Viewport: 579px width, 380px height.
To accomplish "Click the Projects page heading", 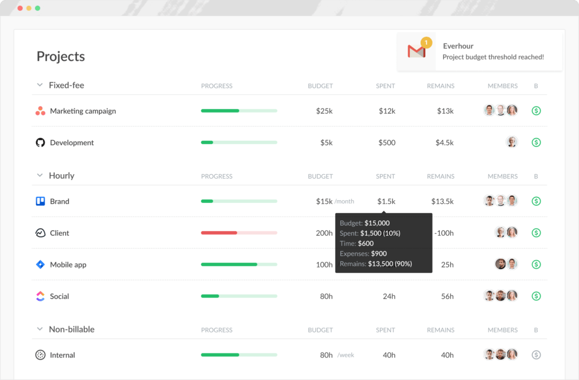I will [61, 57].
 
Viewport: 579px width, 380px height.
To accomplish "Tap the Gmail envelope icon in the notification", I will [416, 51].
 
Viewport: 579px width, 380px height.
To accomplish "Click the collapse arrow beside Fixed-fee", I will [40, 85].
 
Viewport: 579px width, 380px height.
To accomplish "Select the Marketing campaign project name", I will [83, 111].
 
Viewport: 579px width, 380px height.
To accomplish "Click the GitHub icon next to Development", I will [40, 142].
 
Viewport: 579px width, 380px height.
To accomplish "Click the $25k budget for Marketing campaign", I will [324, 111].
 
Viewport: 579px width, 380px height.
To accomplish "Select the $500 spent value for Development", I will [387, 142].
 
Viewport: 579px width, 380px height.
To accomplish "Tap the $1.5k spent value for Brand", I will [386, 201].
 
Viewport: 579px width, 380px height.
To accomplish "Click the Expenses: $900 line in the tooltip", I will [363, 253].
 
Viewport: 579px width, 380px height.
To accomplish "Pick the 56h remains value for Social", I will [447, 296].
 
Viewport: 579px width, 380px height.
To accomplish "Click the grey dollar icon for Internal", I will [536, 355].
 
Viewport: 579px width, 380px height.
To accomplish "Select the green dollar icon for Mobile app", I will [536, 265].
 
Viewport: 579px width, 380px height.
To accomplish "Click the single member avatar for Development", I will [512, 142].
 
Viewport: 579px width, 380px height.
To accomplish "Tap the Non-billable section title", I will [71, 329].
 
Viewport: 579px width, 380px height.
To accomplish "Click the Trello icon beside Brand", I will [40, 201].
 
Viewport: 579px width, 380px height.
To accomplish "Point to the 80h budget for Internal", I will [326, 355].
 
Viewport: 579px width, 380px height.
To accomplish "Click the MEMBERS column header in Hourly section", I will [502, 176].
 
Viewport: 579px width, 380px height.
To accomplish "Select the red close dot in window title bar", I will [20, 8].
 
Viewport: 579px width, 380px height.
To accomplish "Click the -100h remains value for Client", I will [443, 233].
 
